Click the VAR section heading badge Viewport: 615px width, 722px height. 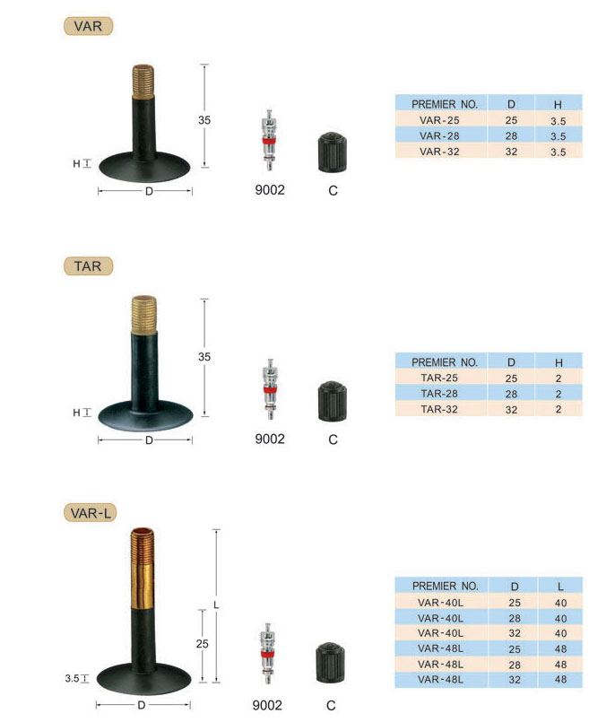click(x=88, y=26)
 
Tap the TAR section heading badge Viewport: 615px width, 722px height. click(x=88, y=266)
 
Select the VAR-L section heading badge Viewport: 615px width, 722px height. click(x=91, y=513)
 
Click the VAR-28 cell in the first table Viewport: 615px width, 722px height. click(x=439, y=135)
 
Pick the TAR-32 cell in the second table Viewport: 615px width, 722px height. click(x=439, y=409)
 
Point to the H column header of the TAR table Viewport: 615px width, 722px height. click(x=559, y=363)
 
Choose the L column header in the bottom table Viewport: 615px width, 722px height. click(x=560, y=587)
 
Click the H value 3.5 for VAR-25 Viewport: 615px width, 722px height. click(x=558, y=121)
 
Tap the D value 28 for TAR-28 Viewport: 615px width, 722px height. click(x=511, y=394)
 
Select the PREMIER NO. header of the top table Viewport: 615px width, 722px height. click(x=445, y=105)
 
